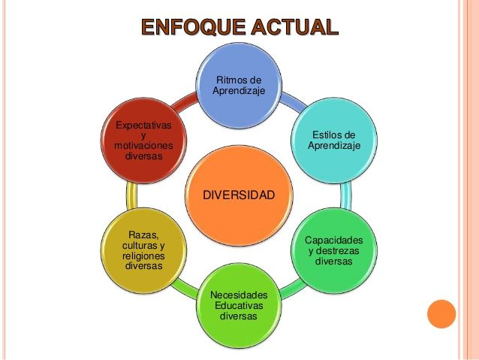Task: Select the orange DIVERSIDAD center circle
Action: [x=239, y=195]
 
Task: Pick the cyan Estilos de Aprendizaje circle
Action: [x=334, y=140]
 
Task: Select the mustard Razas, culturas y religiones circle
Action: [x=143, y=250]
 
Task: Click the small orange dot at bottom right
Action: [x=441, y=313]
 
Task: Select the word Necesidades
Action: [x=239, y=295]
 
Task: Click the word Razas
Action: [x=143, y=235]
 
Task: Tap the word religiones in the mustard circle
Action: [x=143, y=256]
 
